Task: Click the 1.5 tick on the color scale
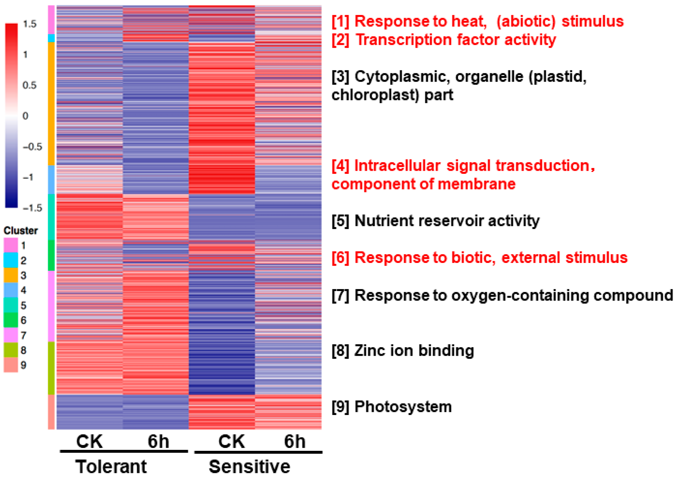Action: point(30,24)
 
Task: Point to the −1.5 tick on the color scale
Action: point(32,208)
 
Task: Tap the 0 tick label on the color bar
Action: point(25,116)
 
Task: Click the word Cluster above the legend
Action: point(21,231)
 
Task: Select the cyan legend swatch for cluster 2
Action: point(11,260)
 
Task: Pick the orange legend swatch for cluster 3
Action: point(11,275)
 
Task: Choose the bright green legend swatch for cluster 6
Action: point(11,320)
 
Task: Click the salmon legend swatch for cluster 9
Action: point(11,365)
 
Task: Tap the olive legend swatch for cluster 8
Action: point(11,350)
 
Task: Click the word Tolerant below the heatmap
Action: point(111,467)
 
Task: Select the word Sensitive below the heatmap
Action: point(249,467)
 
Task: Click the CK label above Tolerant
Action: point(89,441)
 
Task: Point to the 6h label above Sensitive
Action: point(295,441)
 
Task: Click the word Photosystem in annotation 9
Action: point(403,407)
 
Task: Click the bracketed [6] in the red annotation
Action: point(340,258)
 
